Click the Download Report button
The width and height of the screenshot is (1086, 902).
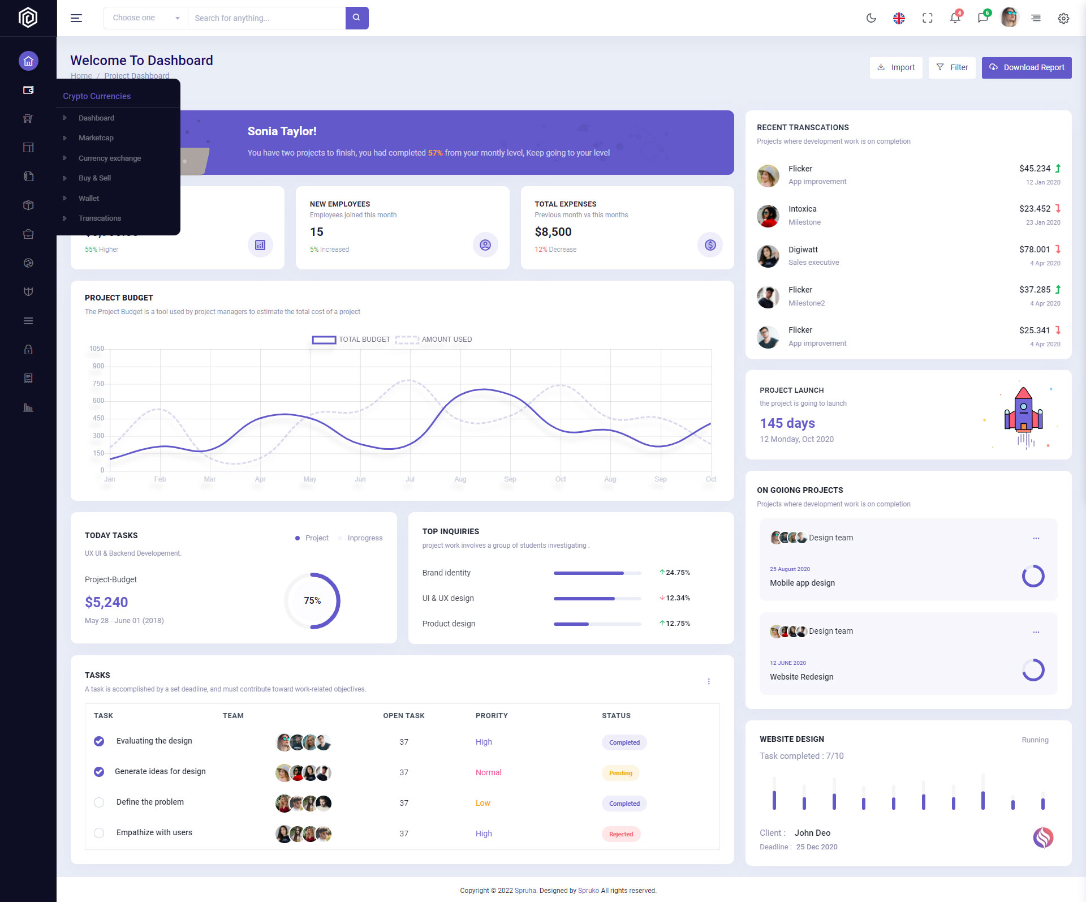(1026, 67)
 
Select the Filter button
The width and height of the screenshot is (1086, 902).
(952, 67)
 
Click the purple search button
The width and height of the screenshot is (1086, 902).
(356, 18)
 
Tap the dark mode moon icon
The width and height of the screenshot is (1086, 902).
(871, 18)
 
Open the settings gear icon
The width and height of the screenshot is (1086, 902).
(1063, 18)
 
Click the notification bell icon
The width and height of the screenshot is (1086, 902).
(955, 18)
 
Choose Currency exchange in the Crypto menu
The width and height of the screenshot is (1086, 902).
(110, 158)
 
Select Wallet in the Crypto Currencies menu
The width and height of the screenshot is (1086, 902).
(89, 199)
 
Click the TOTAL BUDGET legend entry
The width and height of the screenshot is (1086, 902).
(351, 340)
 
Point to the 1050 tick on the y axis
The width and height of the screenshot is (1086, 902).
(97, 349)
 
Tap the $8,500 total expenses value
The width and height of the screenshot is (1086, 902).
(553, 232)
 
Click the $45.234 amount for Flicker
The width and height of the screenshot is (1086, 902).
(1035, 169)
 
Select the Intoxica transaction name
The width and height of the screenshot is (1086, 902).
(802, 209)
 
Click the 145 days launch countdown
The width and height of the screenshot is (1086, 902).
(787, 423)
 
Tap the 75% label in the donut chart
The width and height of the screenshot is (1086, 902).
(312, 600)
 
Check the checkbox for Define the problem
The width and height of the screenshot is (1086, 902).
(99, 802)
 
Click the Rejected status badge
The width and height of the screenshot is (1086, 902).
(621, 834)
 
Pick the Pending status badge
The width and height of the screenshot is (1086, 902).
(620, 773)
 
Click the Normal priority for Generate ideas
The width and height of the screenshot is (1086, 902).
(488, 772)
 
